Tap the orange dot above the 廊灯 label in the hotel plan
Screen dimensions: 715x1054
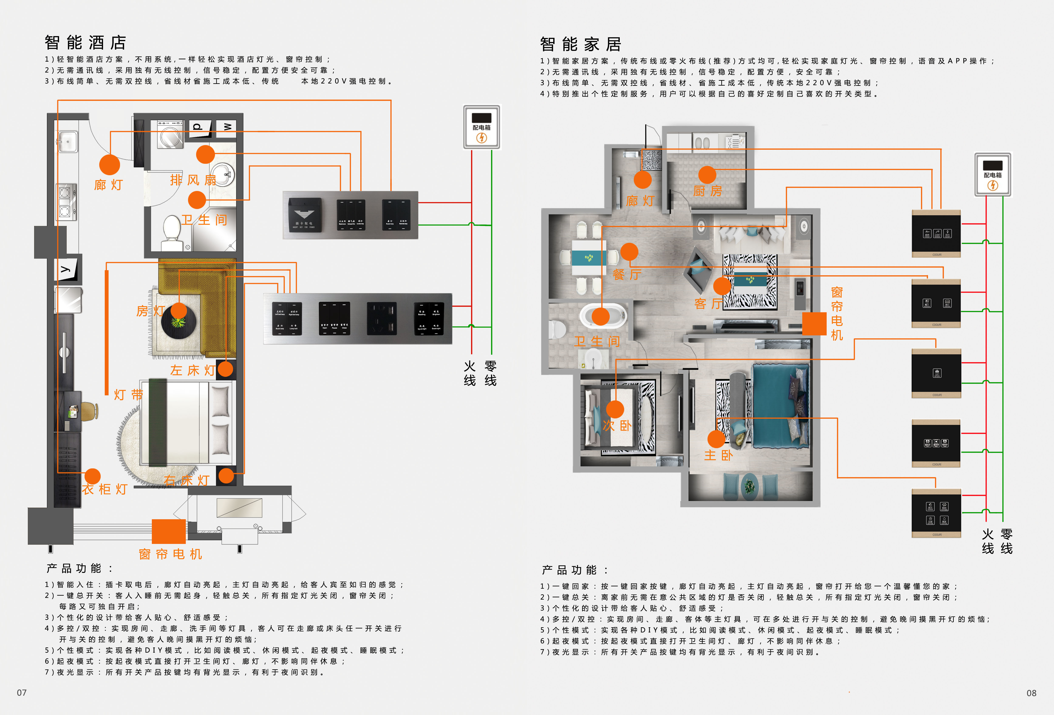[x=109, y=165]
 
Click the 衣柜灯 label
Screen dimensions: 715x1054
[x=105, y=489]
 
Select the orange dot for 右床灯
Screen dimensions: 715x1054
[x=226, y=476]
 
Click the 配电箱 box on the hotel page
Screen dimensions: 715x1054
[x=482, y=127]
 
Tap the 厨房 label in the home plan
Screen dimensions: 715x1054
[x=707, y=191]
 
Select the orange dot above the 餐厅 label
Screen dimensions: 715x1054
[x=629, y=252]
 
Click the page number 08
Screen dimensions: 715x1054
[x=1031, y=693]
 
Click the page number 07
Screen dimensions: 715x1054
[x=22, y=692]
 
